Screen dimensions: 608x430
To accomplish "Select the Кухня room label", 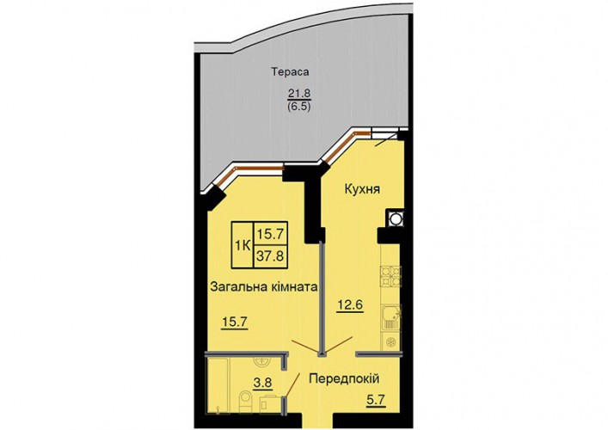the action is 363,189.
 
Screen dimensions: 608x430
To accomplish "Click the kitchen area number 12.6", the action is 349,305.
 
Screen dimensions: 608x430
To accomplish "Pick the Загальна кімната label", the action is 264,287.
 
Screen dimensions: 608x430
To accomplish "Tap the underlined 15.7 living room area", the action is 235,322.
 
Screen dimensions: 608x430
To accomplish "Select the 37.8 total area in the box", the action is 271,256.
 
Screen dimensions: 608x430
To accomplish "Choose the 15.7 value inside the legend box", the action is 271,233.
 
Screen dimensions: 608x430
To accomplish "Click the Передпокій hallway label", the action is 344,378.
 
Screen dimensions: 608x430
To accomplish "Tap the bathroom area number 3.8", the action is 262,383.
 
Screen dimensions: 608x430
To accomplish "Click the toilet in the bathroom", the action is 245,401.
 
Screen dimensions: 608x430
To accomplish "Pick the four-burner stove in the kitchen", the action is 391,277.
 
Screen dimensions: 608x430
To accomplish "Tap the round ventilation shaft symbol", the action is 395,218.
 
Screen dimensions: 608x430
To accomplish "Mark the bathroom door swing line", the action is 292,385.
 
